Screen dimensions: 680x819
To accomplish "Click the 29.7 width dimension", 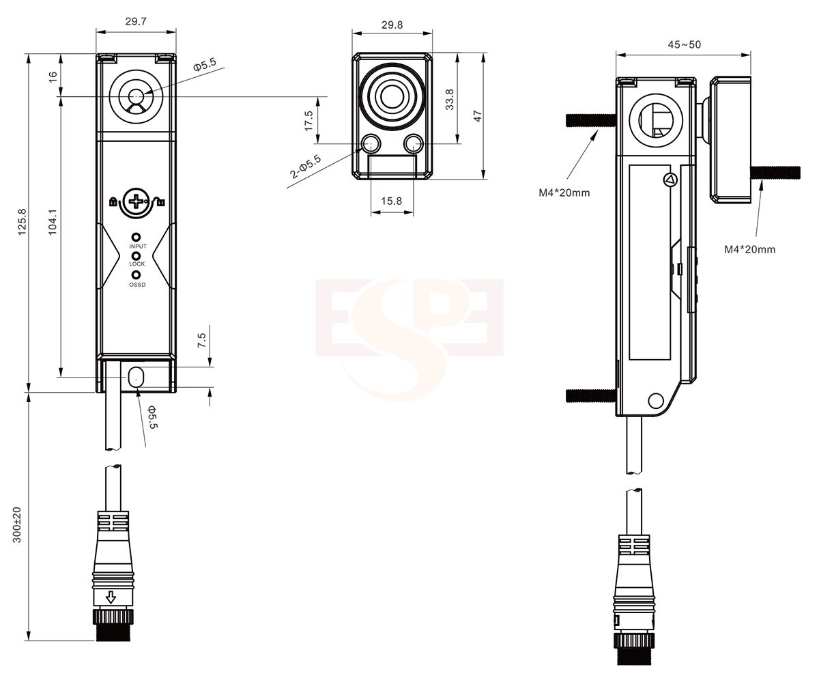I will tap(136, 22).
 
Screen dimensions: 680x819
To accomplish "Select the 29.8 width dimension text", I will tap(392, 25).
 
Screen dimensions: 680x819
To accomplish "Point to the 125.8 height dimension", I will tap(22, 223).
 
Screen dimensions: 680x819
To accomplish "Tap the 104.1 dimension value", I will tap(54, 223).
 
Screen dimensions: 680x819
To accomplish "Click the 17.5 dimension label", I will tap(309, 121).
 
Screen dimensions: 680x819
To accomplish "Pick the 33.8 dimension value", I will tap(448, 99).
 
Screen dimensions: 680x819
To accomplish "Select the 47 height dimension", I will tap(478, 116).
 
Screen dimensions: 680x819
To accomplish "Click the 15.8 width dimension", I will tap(392, 201).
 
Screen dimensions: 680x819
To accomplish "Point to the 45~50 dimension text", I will tap(684, 45).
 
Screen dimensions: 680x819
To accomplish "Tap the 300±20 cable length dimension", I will tap(18, 524).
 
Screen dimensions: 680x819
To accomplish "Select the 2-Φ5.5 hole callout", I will tap(306, 167).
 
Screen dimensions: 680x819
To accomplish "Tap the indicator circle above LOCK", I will tap(136, 255).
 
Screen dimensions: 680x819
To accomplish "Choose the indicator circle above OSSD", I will tap(136, 275).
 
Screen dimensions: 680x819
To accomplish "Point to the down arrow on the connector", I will tap(108, 599).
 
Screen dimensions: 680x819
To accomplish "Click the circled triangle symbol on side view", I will tap(668, 180).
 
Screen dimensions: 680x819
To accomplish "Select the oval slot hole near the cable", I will tap(135, 376).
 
